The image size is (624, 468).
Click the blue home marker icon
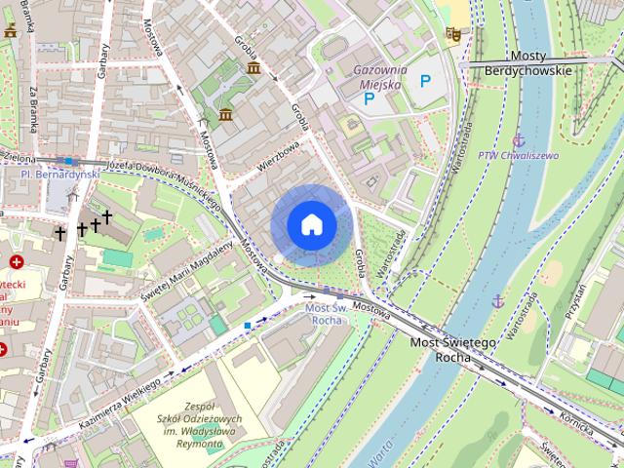[x=312, y=225]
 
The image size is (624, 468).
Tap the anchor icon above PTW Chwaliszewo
[x=519, y=140]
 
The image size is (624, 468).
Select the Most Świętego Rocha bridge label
[x=452, y=350]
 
